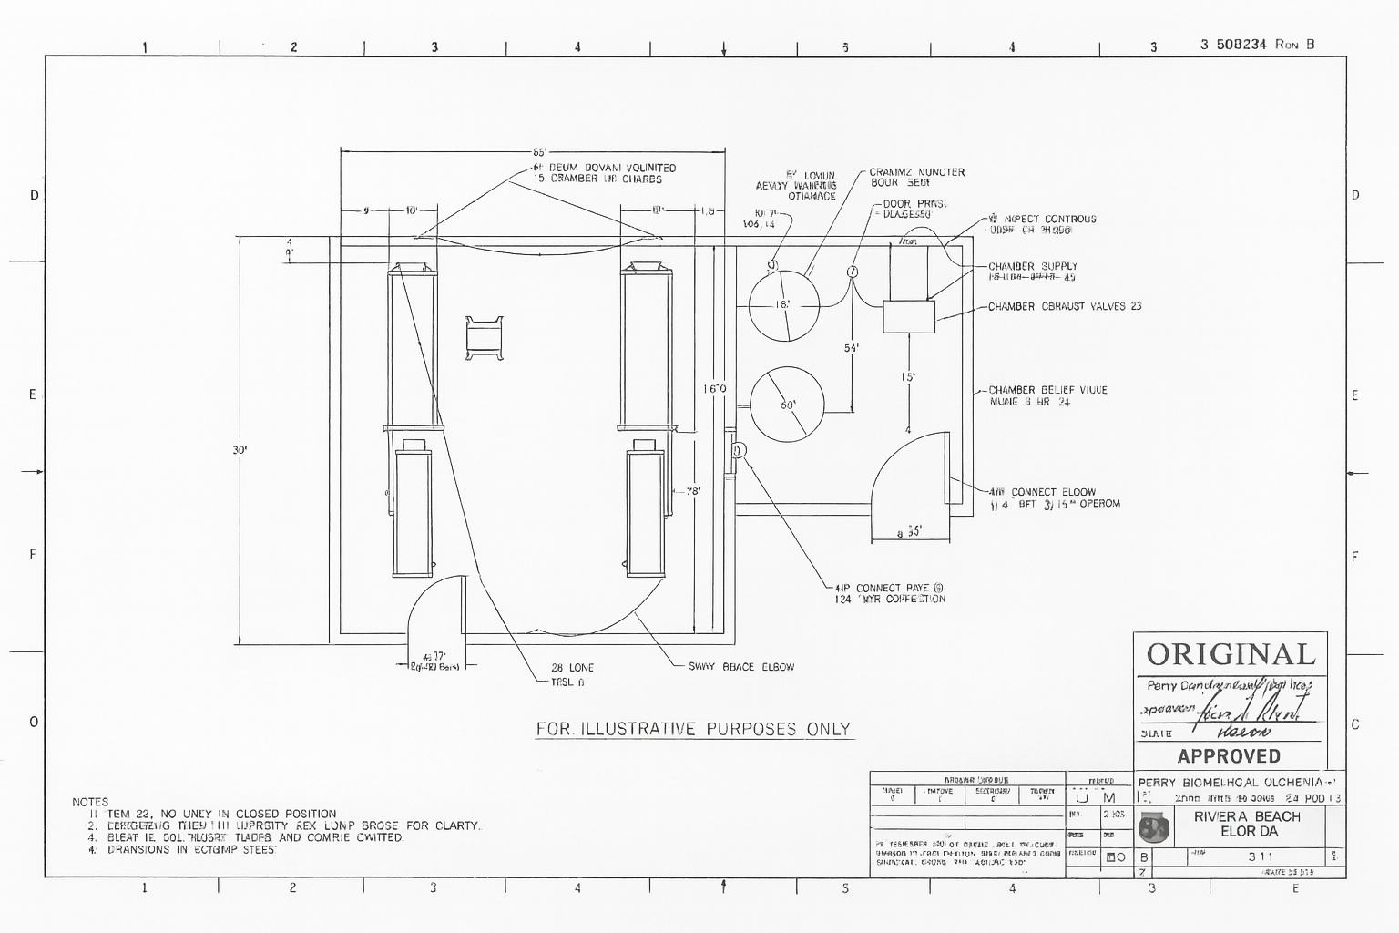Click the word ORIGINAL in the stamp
pyautogui.click(x=1231, y=654)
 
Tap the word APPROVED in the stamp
pyautogui.click(x=1229, y=756)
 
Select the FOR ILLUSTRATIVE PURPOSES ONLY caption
pyautogui.click(x=693, y=729)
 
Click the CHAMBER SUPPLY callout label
pyautogui.click(x=1033, y=267)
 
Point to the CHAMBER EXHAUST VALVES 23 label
pyautogui.click(x=1065, y=307)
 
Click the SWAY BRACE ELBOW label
pyautogui.click(x=740, y=667)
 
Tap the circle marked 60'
pyautogui.click(x=787, y=404)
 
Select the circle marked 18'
pyautogui.click(x=783, y=305)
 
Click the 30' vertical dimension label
pyautogui.click(x=240, y=449)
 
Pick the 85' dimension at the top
pyautogui.click(x=539, y=152)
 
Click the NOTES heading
pyautogui.click(x=90, y=803)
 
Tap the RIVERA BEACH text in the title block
pyautogui.click(x=1247, y=816)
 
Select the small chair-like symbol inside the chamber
pyautogui.click(x=485, y=338)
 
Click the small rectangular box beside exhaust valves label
pyautogui.click(x=909, y=316)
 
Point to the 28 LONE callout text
pyautogui.click(x=572, y=668)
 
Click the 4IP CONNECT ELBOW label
pyautogui.click(x=1042, y=492)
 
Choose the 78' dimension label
pyautogui.click(x=693, y=492)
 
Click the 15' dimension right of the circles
pyautogui.click(x=908, y=377)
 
